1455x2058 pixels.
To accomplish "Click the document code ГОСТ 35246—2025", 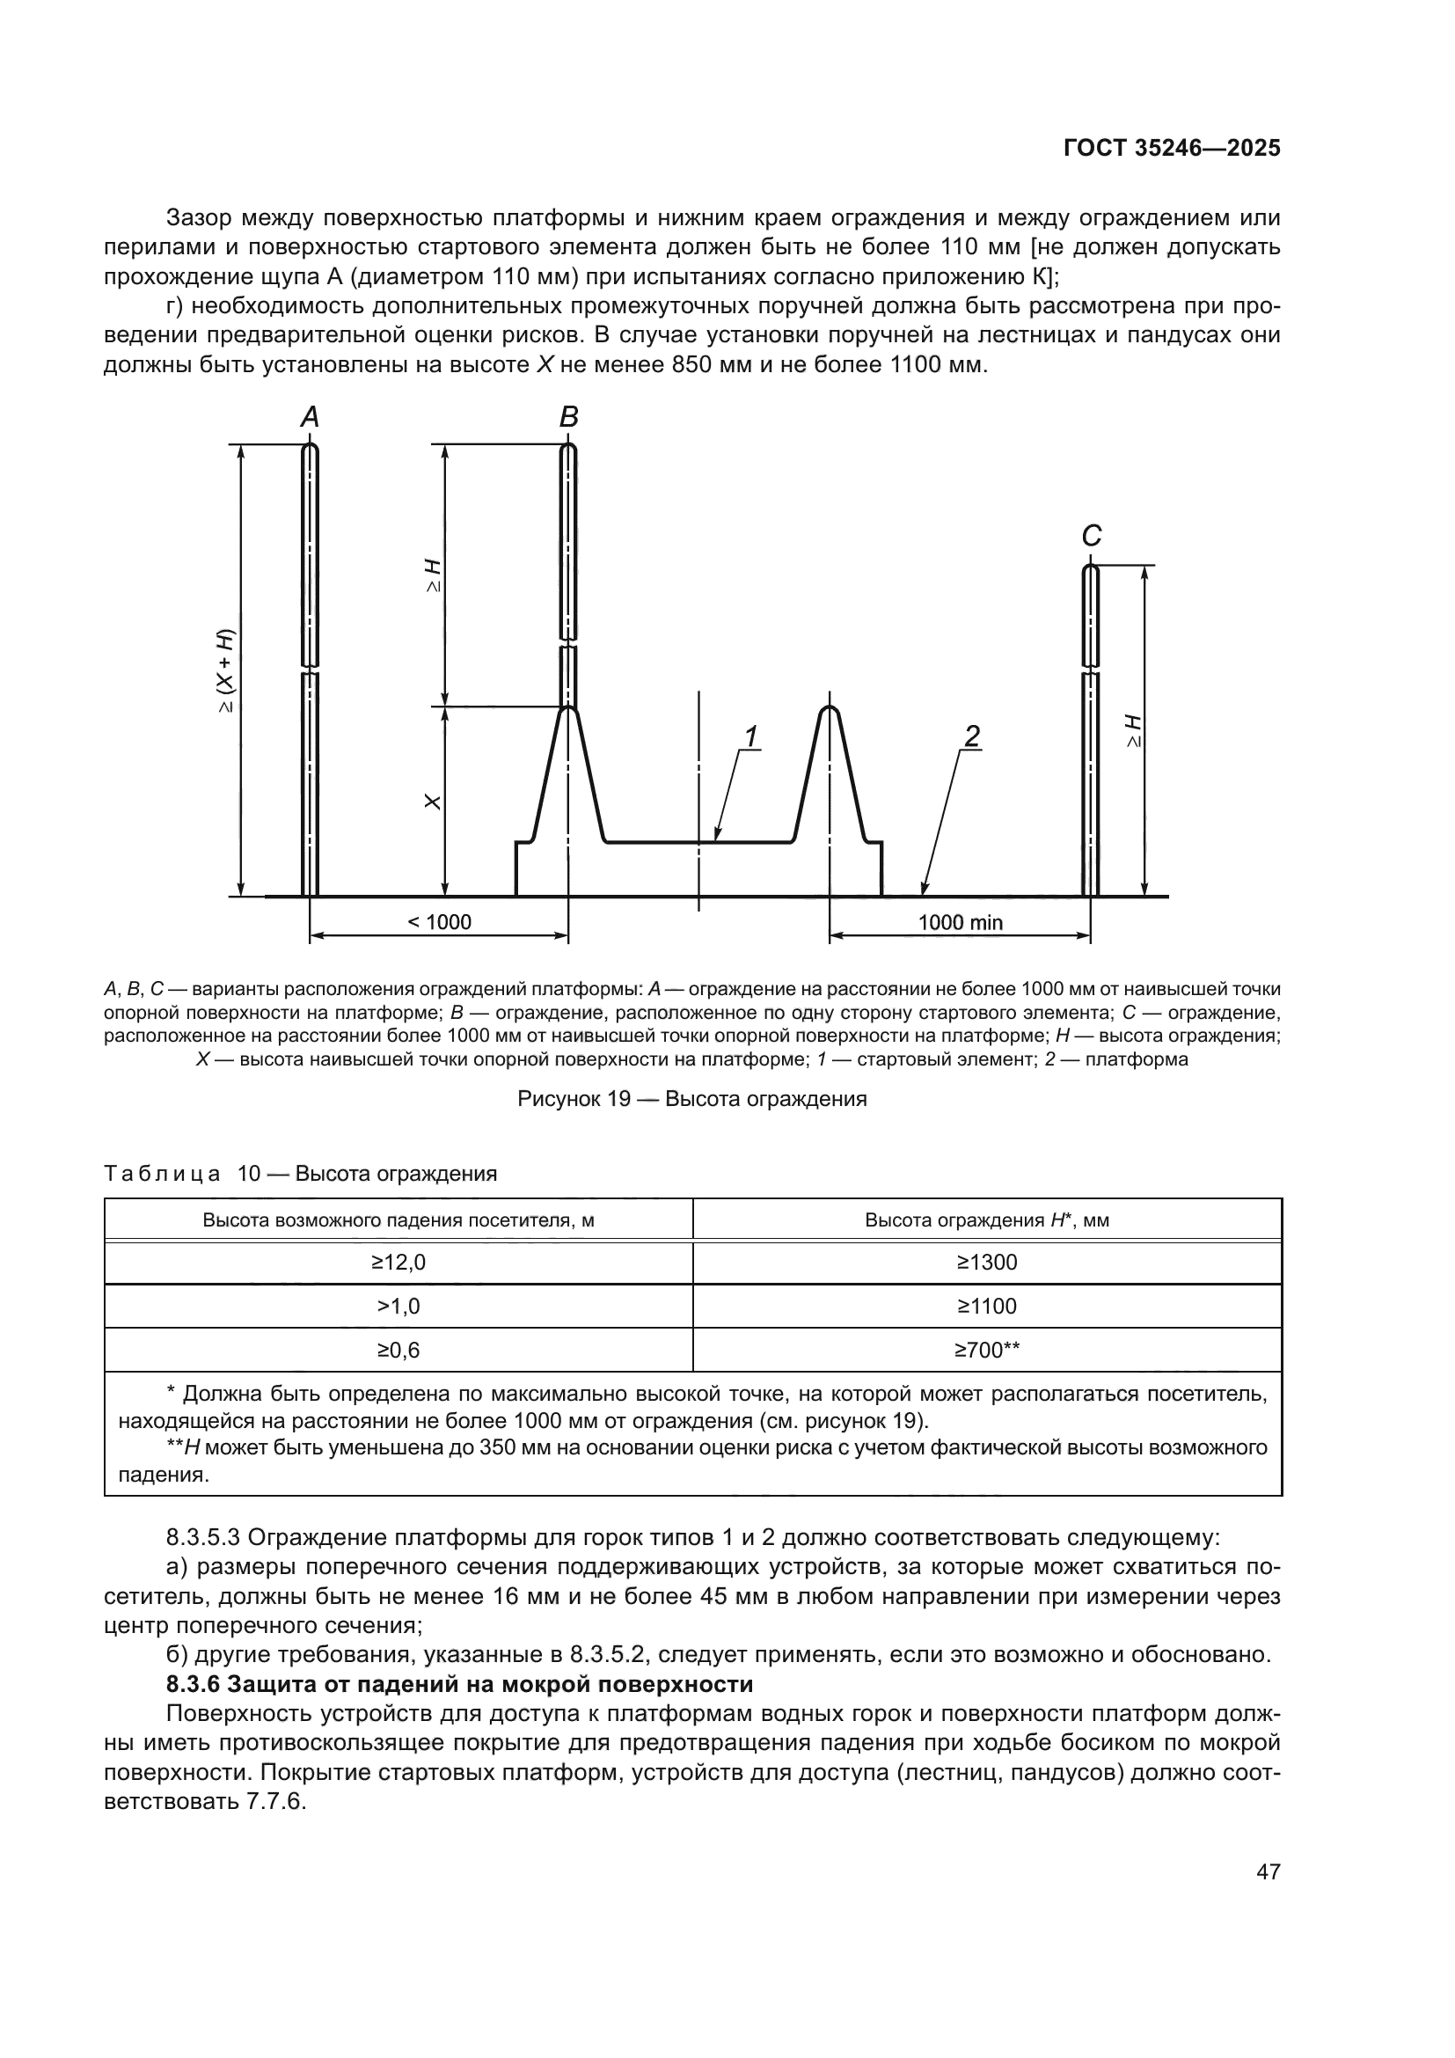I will coord(1172,149).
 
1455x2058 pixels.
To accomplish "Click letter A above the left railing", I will coord(309,417).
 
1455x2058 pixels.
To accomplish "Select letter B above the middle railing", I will coord(569,417).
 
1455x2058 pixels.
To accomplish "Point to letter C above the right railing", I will coord(1090,536).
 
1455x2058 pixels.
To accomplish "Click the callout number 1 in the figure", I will coord(750,736).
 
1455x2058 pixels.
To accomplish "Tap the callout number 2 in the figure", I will coord(971,736).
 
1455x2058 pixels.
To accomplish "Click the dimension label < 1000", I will coord(439,922).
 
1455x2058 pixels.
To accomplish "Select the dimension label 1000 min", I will coord(961,922).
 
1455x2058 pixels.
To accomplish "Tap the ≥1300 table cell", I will coord(986,1262).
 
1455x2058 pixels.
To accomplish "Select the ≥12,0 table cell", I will coord(398,1262).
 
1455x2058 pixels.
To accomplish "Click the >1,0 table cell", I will coord(398,1306).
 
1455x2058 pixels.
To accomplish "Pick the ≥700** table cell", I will coord(986,1350).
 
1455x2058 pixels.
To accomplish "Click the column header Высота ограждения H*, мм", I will coord(986,1219).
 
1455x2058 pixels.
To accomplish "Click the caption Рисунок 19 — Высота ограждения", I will coord(691,1099).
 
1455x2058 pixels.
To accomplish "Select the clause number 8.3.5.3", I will coord(202,1538).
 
